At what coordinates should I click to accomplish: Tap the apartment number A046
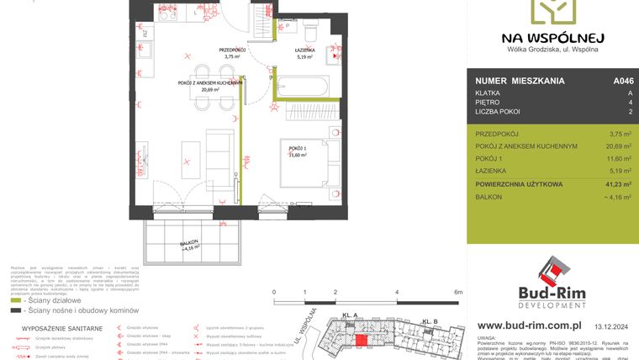tap(622, 82)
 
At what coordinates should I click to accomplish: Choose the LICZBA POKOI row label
tap(498, 111)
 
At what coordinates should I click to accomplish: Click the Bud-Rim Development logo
tap(551, 283)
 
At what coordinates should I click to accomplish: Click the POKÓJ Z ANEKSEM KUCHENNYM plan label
tap(209, 83)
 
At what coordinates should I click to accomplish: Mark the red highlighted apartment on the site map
tap(361, 340)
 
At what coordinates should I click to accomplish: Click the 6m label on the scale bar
tap(458, 292)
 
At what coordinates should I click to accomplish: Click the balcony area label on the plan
tap(193, 247)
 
